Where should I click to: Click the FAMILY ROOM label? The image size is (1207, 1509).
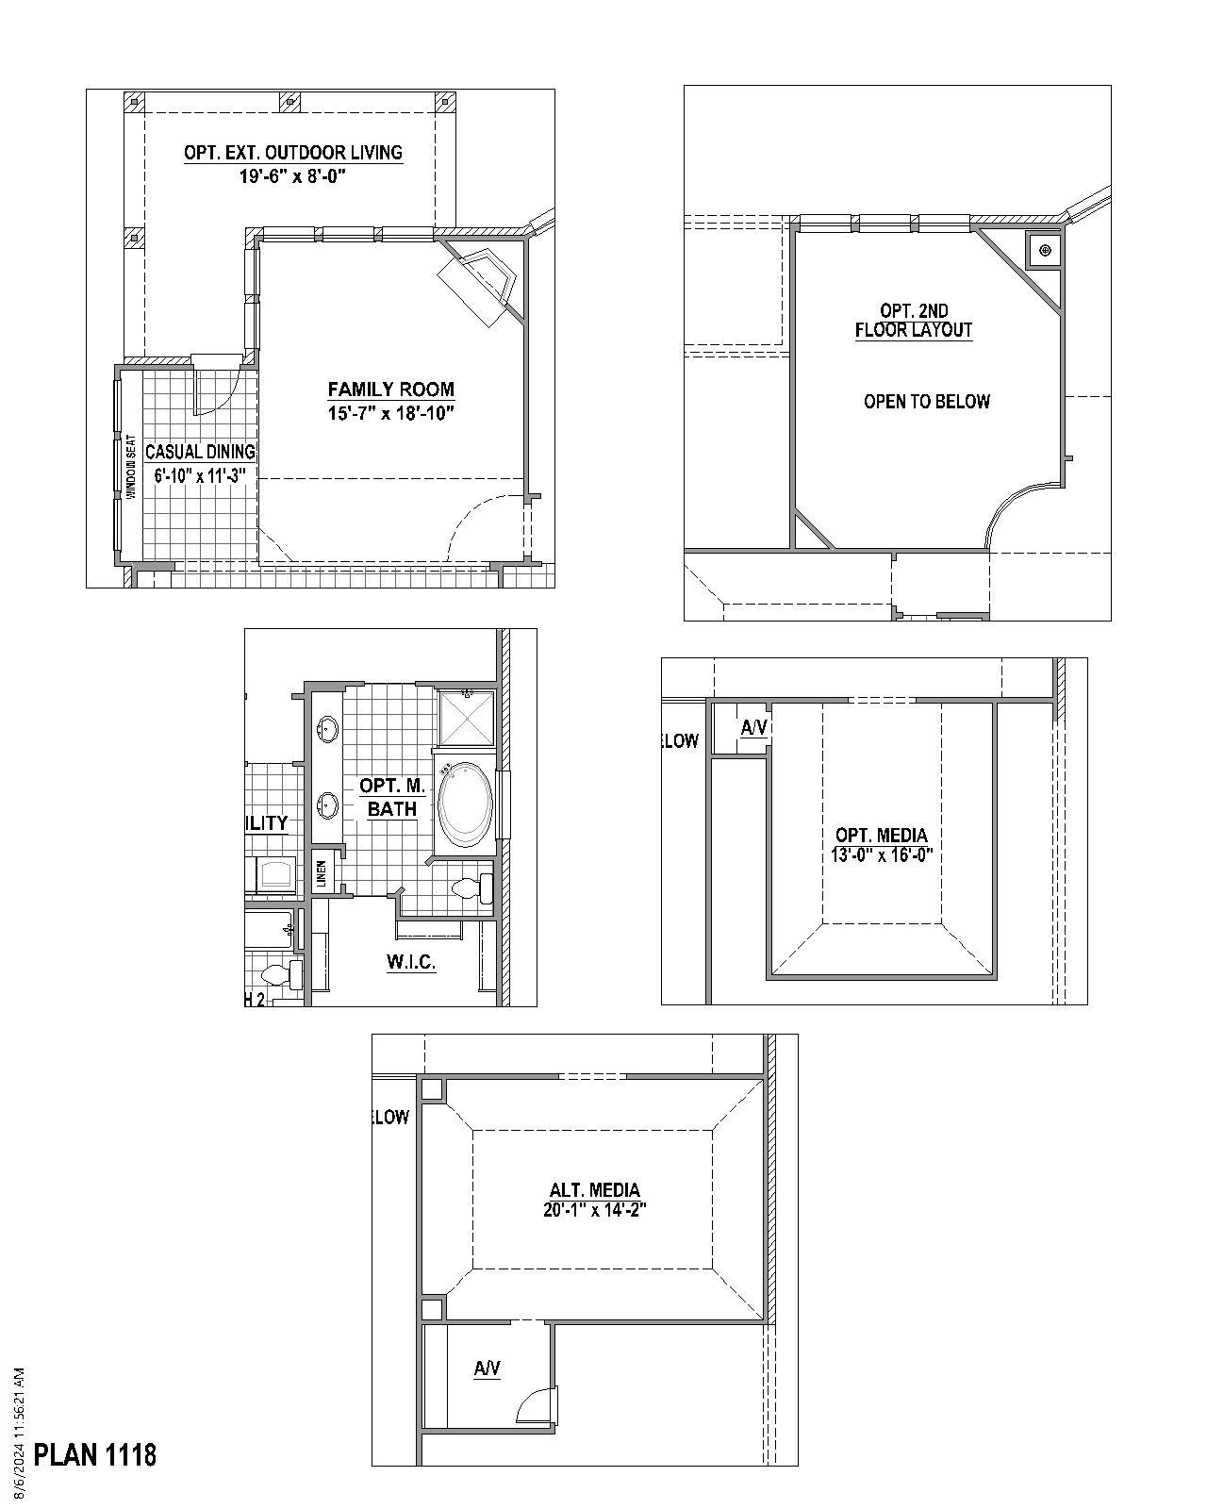390,389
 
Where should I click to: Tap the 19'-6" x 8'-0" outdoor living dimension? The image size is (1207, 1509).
293,175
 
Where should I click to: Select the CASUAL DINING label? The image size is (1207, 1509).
200,452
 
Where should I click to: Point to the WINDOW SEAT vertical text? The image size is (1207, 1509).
131,464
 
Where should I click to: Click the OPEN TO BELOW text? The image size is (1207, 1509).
926,402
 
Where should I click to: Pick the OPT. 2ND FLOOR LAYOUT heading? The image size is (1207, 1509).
913,320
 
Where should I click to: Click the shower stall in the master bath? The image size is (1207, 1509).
466,719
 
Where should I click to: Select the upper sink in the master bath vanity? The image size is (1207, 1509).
328,728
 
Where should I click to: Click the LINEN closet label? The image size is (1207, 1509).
322,873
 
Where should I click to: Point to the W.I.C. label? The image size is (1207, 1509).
410,962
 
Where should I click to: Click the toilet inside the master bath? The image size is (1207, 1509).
471,888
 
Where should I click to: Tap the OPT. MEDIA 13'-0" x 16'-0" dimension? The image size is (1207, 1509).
882,855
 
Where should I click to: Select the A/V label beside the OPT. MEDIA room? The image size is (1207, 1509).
753,727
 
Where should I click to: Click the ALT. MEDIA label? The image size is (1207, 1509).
594,1189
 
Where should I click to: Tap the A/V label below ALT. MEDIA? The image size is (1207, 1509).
487,1368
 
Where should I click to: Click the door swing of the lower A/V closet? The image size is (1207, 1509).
536,1403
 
